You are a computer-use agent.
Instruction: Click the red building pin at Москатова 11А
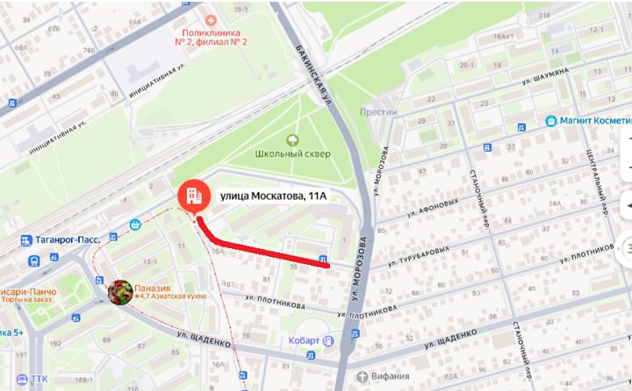click(192, 196)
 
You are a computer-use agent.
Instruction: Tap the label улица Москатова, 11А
click(272, 195)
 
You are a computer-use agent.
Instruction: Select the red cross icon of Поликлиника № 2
click(210, 19)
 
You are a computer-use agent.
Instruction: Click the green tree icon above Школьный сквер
click(293, 139)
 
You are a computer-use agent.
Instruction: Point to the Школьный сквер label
click(293, 153)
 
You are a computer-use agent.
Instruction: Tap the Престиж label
click(379, 111)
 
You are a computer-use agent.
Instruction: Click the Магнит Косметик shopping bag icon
click(550, 121)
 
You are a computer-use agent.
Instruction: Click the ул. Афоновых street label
click(434, 207)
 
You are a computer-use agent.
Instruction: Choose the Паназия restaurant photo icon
click(120, 291)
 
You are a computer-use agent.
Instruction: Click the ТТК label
click(39, 379)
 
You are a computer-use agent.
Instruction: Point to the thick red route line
click(263, 250)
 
